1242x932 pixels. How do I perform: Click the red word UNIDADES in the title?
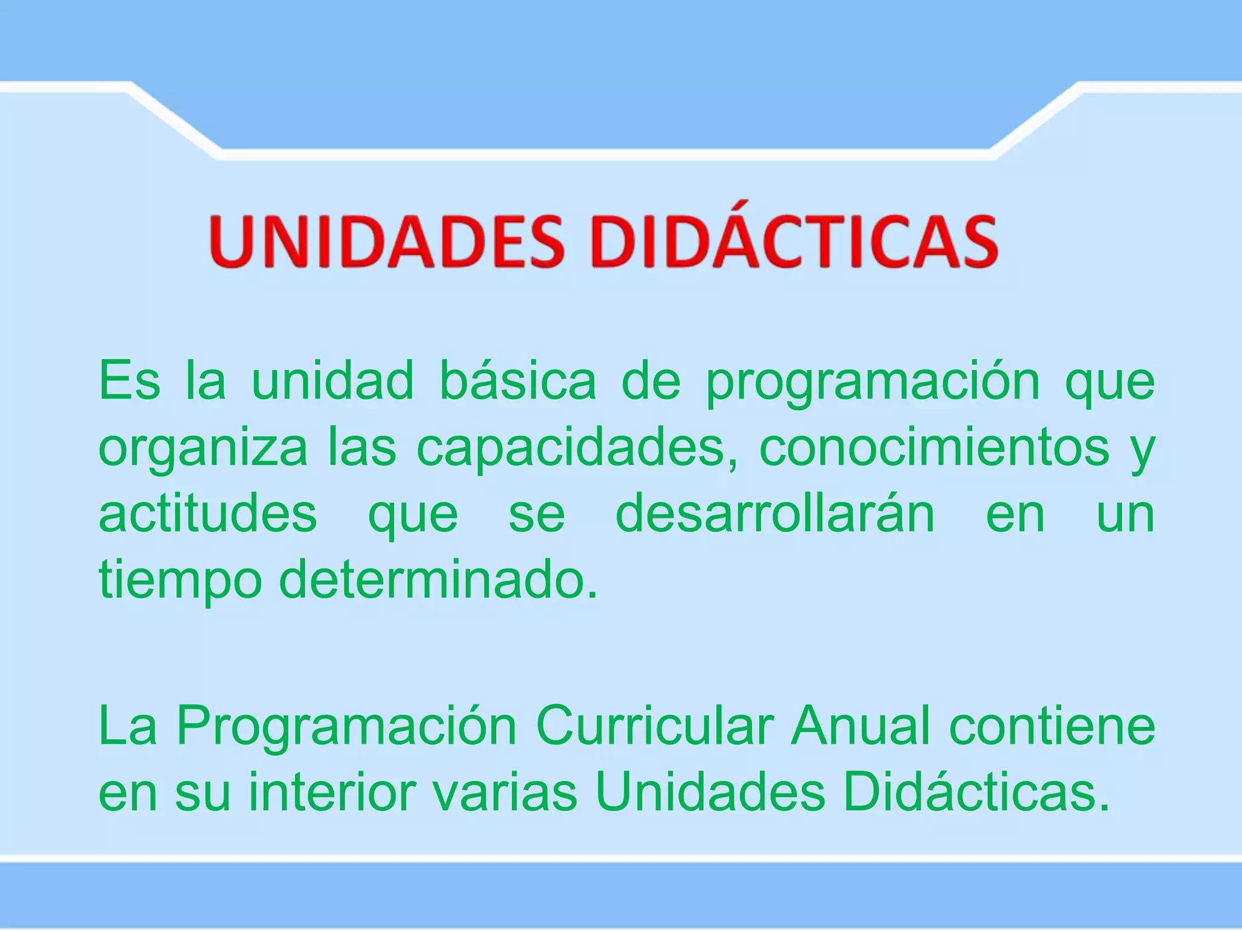coord(388,241)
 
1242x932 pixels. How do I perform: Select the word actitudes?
coord(207,514)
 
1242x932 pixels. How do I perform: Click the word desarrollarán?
coord(775,514)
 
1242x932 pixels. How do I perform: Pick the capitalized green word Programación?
coord(346,727)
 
